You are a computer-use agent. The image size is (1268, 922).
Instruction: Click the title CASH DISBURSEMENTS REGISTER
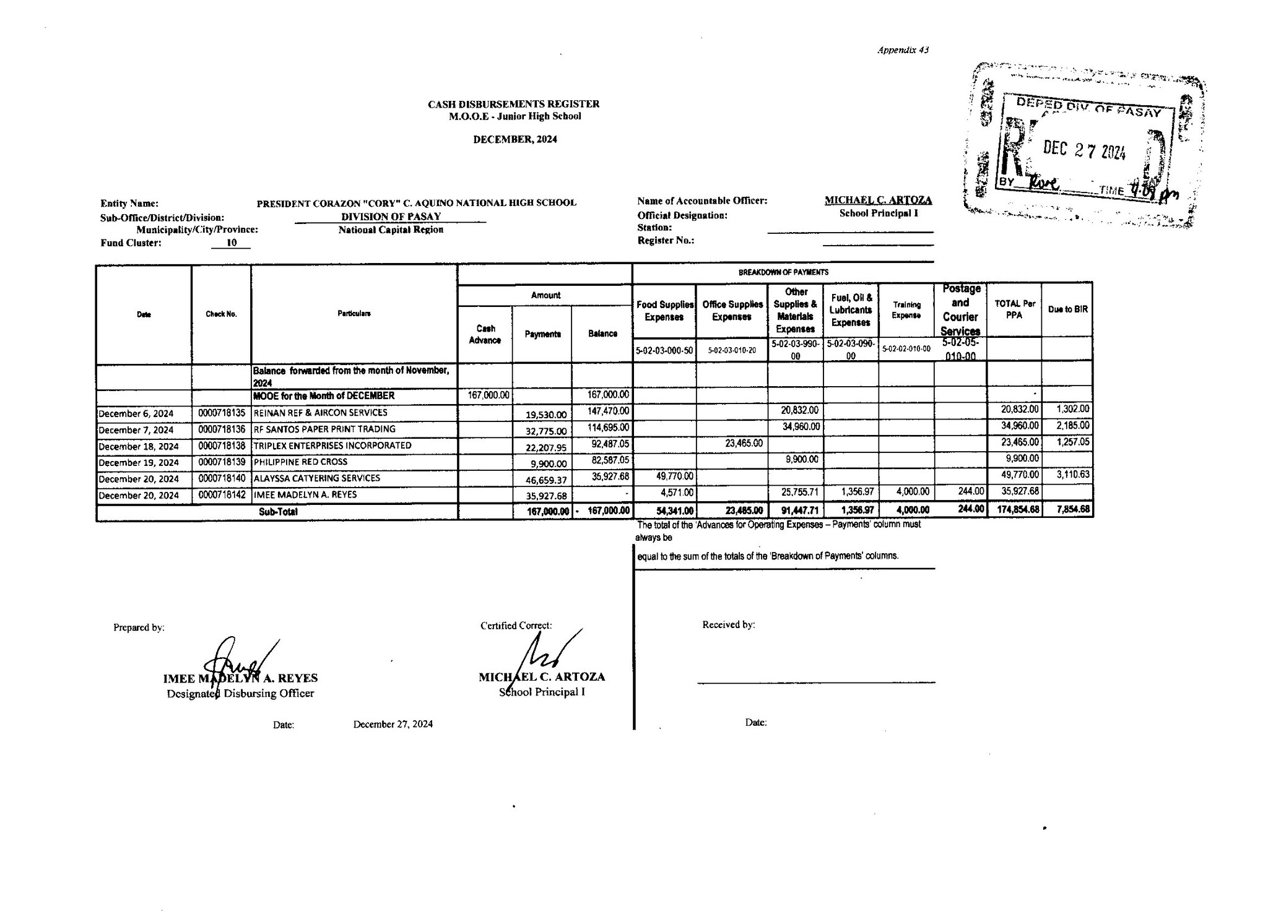tap(513, 104)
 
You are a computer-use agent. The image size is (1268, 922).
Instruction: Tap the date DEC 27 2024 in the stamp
tap(1084, 150)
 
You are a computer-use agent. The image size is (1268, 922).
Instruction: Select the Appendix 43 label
tap(903, 50)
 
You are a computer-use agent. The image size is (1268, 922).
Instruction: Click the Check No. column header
tap(221, 314)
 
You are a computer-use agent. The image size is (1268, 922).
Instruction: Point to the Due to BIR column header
tap(1067, 309)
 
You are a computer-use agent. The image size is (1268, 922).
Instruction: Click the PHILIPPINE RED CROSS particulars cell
tap(301, 462)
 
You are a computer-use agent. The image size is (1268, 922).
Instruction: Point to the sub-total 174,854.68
tap(1014, 510)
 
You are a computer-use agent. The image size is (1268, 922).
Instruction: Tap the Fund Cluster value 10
tap(231, 243)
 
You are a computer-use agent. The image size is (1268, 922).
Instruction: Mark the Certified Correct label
tap(516, 626)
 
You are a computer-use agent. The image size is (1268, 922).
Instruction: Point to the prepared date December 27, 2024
tap(393, 724)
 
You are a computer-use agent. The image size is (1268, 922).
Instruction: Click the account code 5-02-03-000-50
tap(664, 351)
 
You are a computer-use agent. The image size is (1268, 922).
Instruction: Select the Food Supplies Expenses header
tap(664, 311)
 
